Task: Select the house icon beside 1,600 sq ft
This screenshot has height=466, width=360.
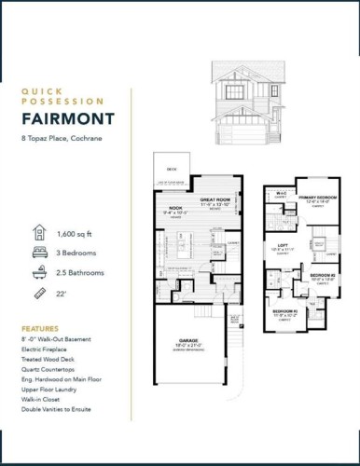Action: click(38, 232)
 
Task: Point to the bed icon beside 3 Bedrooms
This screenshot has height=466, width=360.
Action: click(38, 253)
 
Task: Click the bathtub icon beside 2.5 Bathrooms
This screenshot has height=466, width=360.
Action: click(38, 273)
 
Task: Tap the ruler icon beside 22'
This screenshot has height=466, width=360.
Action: click(38, 295)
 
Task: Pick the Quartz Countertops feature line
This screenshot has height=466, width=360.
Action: click(56, 368)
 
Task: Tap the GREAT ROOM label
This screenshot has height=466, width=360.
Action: click(215, 199)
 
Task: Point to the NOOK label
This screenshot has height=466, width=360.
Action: click(174, 208)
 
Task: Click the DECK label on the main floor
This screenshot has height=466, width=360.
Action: click(172, 169)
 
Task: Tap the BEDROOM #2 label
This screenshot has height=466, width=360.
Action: click(321, 275)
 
